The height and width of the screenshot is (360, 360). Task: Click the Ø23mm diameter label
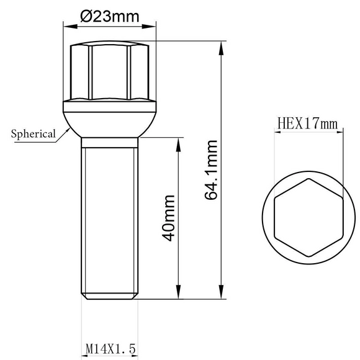[x=110, y=16]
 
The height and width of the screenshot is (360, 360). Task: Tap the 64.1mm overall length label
[x=211, y=170]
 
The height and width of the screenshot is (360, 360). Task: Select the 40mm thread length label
[x=169, y=218]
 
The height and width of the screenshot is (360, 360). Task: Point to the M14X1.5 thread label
[x=110, y=349]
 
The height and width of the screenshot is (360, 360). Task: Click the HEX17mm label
[x=308, y=124]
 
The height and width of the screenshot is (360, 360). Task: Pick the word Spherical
[x=34, y=134]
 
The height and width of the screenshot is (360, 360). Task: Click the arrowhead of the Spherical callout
[x=68, y=130]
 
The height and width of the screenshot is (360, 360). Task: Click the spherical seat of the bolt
[x=110, y=125]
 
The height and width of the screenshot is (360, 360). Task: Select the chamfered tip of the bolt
[x=110, y=296]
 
